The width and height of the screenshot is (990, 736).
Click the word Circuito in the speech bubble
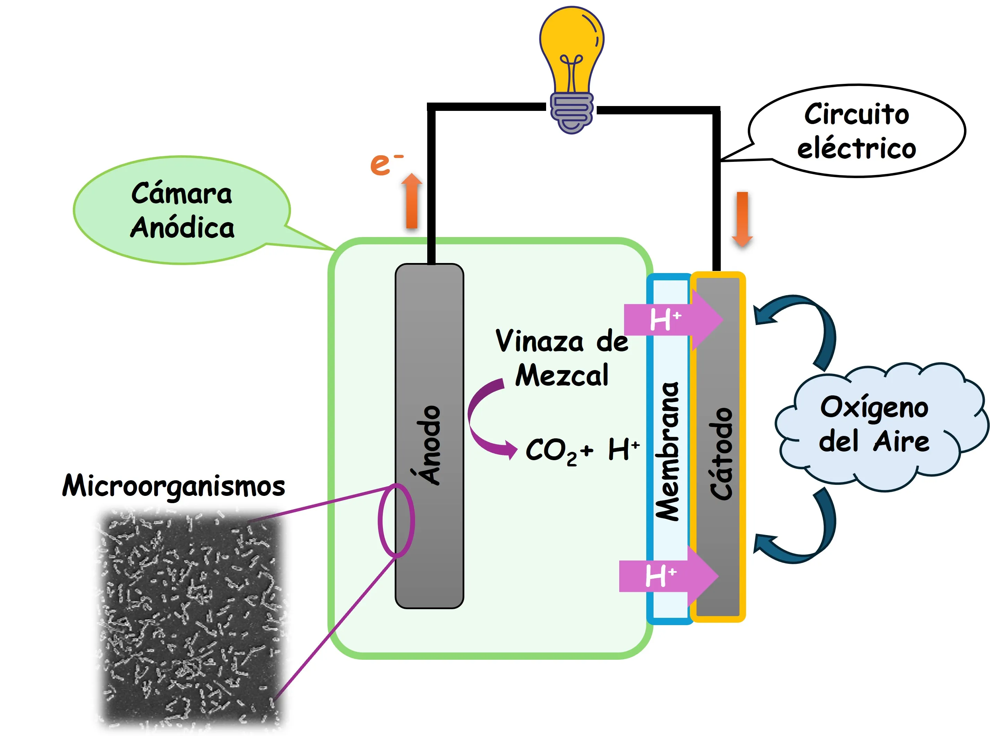pos(856,114)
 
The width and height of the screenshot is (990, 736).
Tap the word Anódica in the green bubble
pos(182,228)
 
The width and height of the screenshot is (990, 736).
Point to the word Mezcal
pos(562,375)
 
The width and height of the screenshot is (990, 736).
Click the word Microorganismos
pos(173,485)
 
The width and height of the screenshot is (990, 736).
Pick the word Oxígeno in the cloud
pos(874,408)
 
